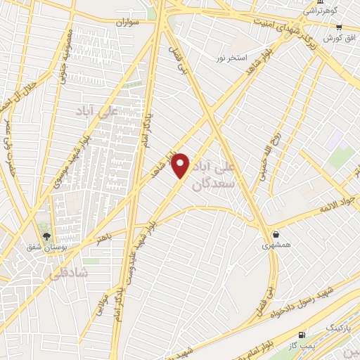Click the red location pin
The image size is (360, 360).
[x=181, y=165]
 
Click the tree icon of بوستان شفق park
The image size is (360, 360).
[x=46, y=236]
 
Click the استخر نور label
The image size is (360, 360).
[x=231, y=58]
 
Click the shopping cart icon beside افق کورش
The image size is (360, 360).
[x=339, y=26]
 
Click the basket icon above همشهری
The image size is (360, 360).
[x=276, y=234]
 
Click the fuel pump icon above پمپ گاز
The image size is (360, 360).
[x=302, y=335]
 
